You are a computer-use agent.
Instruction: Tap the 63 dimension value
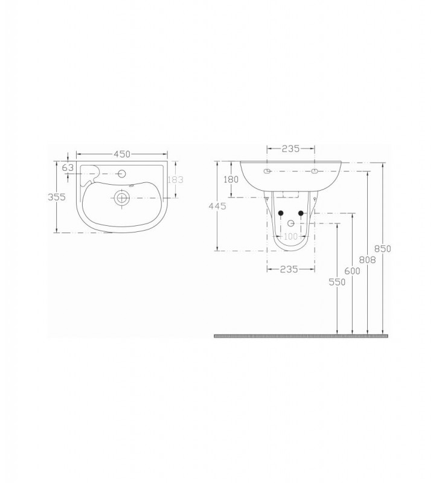(x=68, y=167)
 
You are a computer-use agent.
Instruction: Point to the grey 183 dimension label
(x=176, y=179)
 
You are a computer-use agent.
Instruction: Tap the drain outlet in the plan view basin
(x=122, y=197)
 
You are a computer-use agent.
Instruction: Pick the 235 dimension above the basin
(x=291, y=149)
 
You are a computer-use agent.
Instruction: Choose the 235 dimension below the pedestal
(x=290, y=269)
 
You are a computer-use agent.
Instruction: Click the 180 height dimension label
(x=231, y=180)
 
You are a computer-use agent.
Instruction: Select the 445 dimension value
(x=217, y=206)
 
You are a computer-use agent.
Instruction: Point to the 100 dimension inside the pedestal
(x=291, y=236)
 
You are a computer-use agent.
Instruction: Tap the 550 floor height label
(x=337, y=282)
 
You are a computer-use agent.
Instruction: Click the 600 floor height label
(x=353, y=271)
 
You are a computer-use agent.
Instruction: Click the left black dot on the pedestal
(x=281, y=213)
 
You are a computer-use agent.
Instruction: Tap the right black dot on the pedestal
(x=301, y=213)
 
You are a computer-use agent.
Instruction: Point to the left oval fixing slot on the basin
(x=268, y=171)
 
